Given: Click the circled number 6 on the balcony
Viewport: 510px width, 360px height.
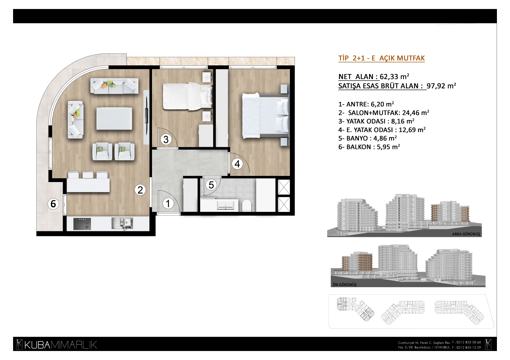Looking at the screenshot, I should click(53, 204).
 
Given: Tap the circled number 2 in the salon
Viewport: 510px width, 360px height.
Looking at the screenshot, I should click(140, 190).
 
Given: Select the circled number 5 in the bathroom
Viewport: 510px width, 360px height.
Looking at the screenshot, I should click(211, 185).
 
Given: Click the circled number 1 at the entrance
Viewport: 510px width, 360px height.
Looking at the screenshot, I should click(168, 204).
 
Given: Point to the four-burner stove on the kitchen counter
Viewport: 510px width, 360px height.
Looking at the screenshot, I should click(82, 224).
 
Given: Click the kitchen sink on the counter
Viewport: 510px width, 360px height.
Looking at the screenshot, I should click(122, 223).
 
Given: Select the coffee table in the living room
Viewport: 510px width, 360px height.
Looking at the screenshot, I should click(114, 118).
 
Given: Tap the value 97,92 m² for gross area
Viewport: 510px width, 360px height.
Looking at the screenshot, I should click(441, 86).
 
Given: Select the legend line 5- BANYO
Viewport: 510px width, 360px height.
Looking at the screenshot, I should click(367, 138).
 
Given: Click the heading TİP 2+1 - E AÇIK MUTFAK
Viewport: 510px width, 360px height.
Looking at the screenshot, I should click(381, 58).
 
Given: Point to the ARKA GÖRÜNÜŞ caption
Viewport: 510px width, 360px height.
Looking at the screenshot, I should click(466, 234).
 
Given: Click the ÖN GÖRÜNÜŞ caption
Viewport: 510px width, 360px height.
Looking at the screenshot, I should click(344, 285).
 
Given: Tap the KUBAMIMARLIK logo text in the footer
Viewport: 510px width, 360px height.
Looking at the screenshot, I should click(60, 345).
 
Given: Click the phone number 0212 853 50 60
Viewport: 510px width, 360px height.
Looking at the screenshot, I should click(468, 342).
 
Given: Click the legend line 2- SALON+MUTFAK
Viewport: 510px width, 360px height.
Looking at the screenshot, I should click(384, 113).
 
